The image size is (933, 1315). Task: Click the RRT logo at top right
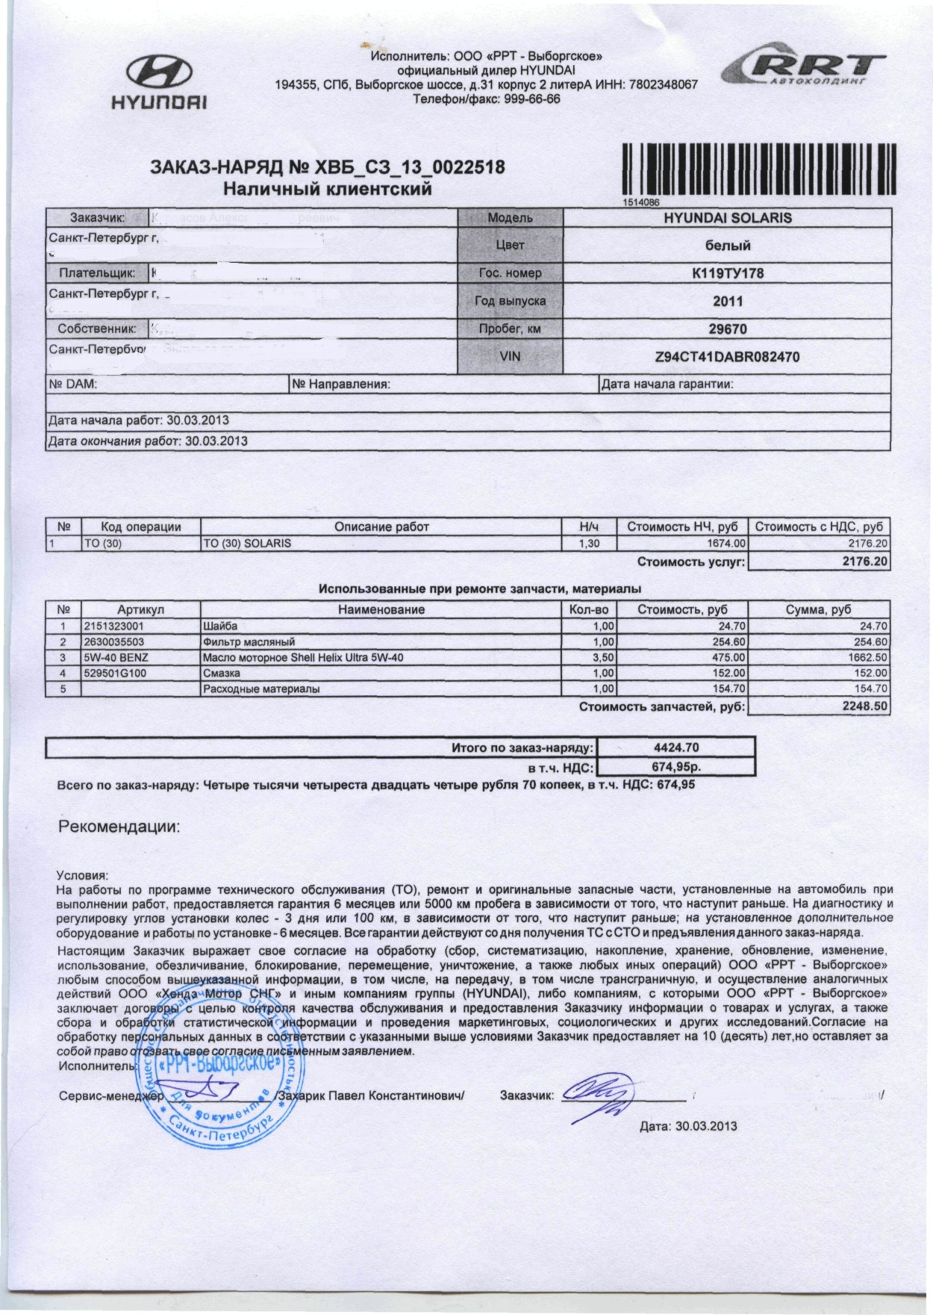click(803, 69)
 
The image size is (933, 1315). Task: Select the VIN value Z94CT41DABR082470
click(727, 357)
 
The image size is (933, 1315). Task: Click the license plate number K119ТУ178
click(728, 273)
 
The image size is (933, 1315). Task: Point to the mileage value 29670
click(728, 329)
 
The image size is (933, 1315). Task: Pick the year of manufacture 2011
click(728, 302)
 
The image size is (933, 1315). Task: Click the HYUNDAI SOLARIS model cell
click(728, 218)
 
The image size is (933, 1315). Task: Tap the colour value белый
click(728, 245)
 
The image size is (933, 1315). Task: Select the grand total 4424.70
click(676, 747)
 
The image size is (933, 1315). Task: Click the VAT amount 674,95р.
click(676, 766)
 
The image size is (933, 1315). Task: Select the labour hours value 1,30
click(589, 544)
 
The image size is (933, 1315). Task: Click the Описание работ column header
click(381, 527)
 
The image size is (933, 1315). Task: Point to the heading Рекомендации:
click(119, 827)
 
